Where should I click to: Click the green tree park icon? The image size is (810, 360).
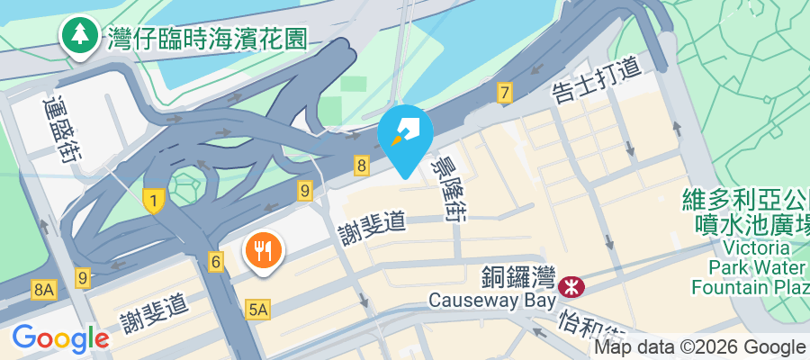click(80, 35)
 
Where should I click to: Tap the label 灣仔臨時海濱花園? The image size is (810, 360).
click(207, 38)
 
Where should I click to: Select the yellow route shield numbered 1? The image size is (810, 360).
click(154, 202)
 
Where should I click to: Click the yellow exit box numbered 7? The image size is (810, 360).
click(504, 93)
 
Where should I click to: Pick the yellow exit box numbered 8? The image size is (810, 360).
click(362, 165)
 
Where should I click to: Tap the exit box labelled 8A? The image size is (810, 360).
click(43, 290)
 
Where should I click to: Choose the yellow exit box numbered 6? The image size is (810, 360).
click(215, 261)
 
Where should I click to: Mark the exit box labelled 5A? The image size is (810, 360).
click(257, 310)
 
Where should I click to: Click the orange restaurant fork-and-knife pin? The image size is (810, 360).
click(264, 250)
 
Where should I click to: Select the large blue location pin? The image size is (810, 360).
click(405, 133)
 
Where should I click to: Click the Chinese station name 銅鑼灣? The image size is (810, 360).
click(518, 278)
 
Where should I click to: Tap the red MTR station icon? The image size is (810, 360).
click(570, 287)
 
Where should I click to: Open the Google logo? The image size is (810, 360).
click(60, 338)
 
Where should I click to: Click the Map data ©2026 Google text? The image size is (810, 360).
click(698, 347)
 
